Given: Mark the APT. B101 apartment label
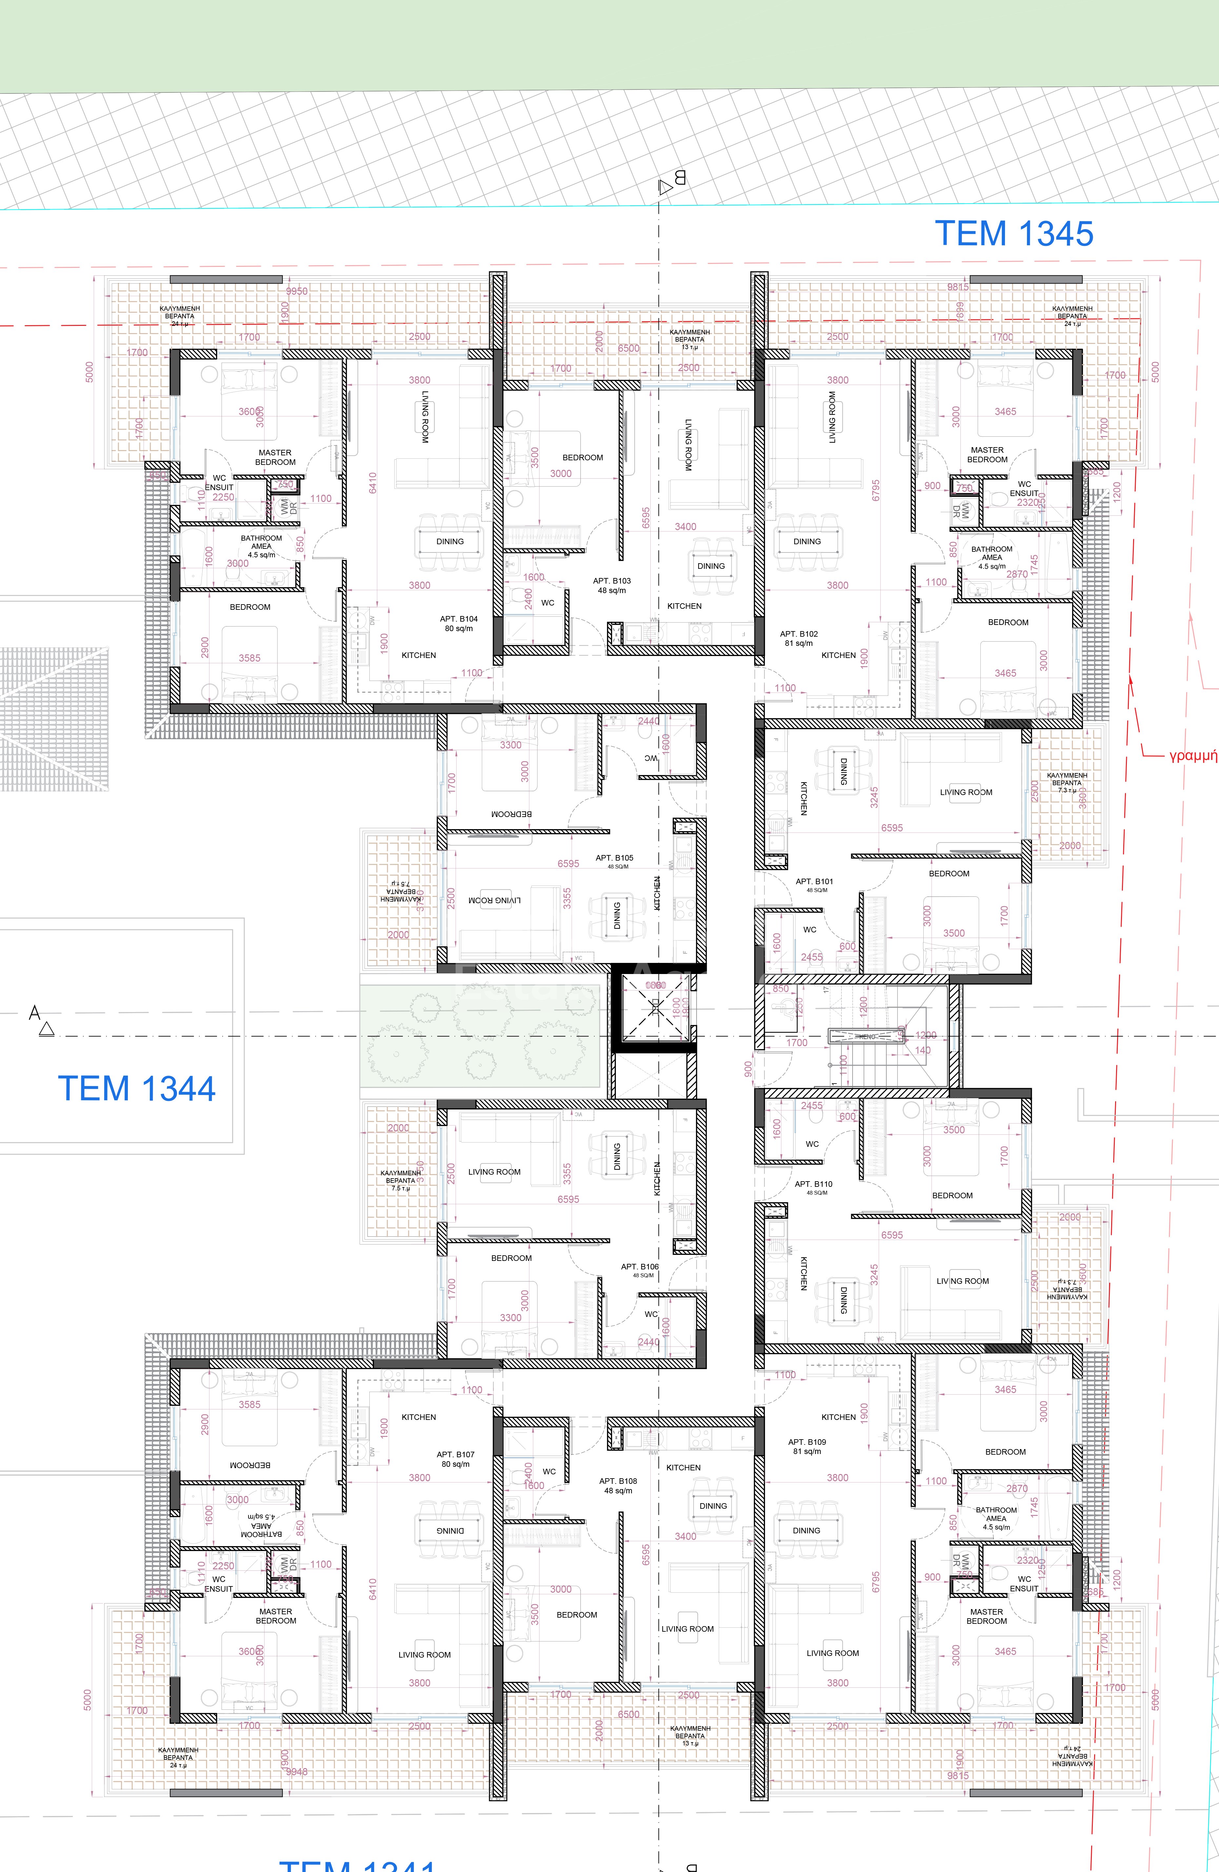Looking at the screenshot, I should point(814,882).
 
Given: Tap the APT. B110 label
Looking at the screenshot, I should point(813,1184).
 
